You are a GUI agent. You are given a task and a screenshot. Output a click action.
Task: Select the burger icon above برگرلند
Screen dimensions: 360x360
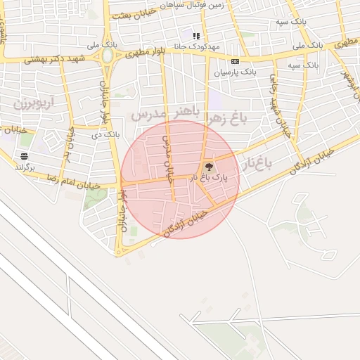click(x=25, y=156)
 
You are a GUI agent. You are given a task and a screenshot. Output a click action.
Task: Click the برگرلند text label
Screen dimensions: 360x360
click(x=24, y=167)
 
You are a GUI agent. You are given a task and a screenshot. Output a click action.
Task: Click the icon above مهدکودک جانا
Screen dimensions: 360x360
click(x=196, y=35)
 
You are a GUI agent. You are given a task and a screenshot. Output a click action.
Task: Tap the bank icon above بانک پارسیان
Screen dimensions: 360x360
click(x=235, y=61)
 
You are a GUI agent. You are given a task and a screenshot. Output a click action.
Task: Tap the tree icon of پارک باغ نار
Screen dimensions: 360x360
click(x=208, y=167)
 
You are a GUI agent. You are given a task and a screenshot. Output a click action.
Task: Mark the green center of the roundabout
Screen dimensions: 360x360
click(x=107, y=55)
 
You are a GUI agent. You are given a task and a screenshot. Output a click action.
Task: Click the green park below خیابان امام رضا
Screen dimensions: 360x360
click(x=95, y=199)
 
